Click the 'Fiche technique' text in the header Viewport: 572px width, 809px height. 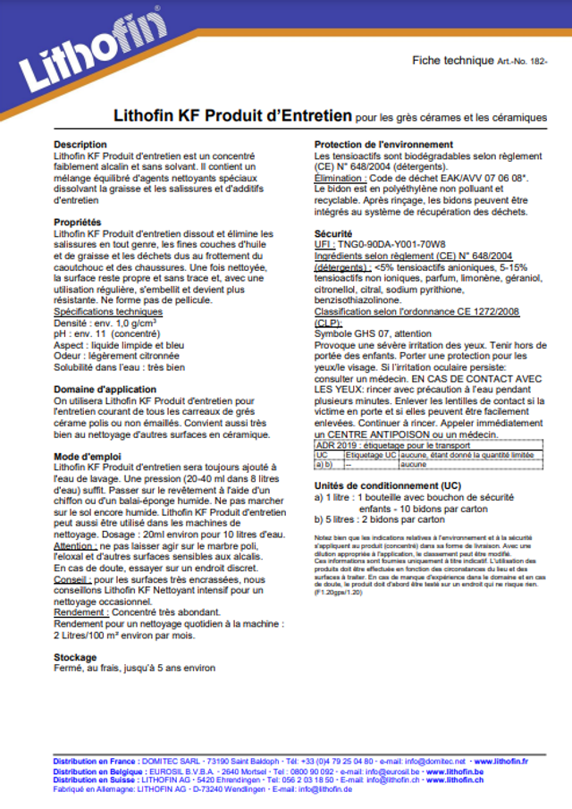pos(452,60)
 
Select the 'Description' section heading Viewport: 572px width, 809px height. pos(80,145)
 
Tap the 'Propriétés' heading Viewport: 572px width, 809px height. pos(77,223)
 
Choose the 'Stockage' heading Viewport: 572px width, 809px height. pos(76,657)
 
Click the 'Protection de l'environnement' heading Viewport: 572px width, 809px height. pos(383,145)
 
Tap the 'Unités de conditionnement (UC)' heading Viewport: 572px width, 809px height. pos(388,485)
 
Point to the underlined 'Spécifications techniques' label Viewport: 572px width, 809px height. pos(108,311)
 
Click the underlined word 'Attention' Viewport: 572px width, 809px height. pos(74,545)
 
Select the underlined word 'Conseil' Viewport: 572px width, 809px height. pos(71,579)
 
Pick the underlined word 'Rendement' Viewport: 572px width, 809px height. pos(78,612)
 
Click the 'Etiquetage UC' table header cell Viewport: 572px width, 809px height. pos(370,455)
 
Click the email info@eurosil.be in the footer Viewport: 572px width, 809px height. pos(388,771)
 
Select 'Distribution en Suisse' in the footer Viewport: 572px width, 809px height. pos(95,780)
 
